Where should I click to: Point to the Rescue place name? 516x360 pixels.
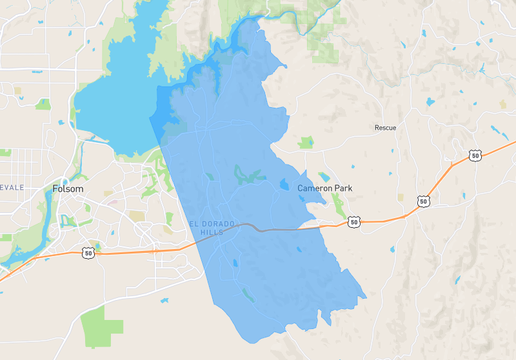385,128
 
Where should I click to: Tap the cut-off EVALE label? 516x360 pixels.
12,187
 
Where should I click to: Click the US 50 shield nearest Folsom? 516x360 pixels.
88,253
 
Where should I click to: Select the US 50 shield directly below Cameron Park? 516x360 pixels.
353,221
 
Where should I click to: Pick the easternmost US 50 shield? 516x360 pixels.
475,155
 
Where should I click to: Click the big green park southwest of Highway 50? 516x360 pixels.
102,325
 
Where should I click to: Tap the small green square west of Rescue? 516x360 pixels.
306,142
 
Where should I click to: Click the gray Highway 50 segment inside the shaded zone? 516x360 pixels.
271,228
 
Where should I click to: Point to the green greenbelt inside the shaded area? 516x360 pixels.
248,175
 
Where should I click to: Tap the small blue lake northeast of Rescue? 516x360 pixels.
429,102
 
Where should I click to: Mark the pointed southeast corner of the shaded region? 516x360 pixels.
365,297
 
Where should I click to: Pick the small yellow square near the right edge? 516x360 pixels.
503,104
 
